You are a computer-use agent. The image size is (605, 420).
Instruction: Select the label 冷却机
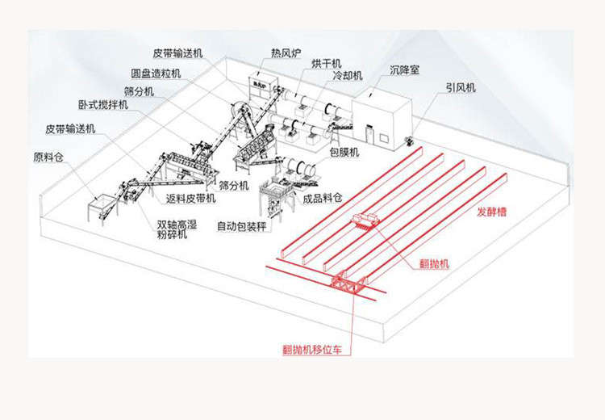tap(348, 75)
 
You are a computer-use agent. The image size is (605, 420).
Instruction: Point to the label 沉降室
tap(404, 70)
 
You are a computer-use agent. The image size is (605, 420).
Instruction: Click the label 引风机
tap(461, 88)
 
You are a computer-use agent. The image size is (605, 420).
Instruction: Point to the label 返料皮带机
tap(190, 198)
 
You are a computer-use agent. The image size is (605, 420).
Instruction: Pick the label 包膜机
tap(344, 152)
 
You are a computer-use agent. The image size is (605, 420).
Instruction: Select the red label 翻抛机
tap(435, 264)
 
